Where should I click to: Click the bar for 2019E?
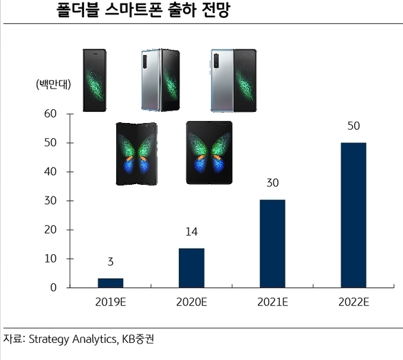pyautogui.click(x=110, y=282)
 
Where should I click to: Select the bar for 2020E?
pyautogui.click(x=191, y=267)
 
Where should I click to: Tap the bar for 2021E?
pyautogui.click(x=272, y=243)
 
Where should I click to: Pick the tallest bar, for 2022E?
pyautogui.click(x=353, y=214)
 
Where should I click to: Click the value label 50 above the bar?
pyautogui.click(x=353, y=127)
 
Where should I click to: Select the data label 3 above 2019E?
pyautogui.click(x=110, y=262)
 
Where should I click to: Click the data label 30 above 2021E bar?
pyautogui.click(x=272, y=184)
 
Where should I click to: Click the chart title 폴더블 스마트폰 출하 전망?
pyautogui.click(x=142, y=11)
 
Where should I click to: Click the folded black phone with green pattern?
pyautogui.click(x=95, y=80)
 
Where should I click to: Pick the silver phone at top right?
pyautogui.click(x=232, y=80)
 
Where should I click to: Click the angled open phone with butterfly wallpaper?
pyautogui.click(x=136, y=153)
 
